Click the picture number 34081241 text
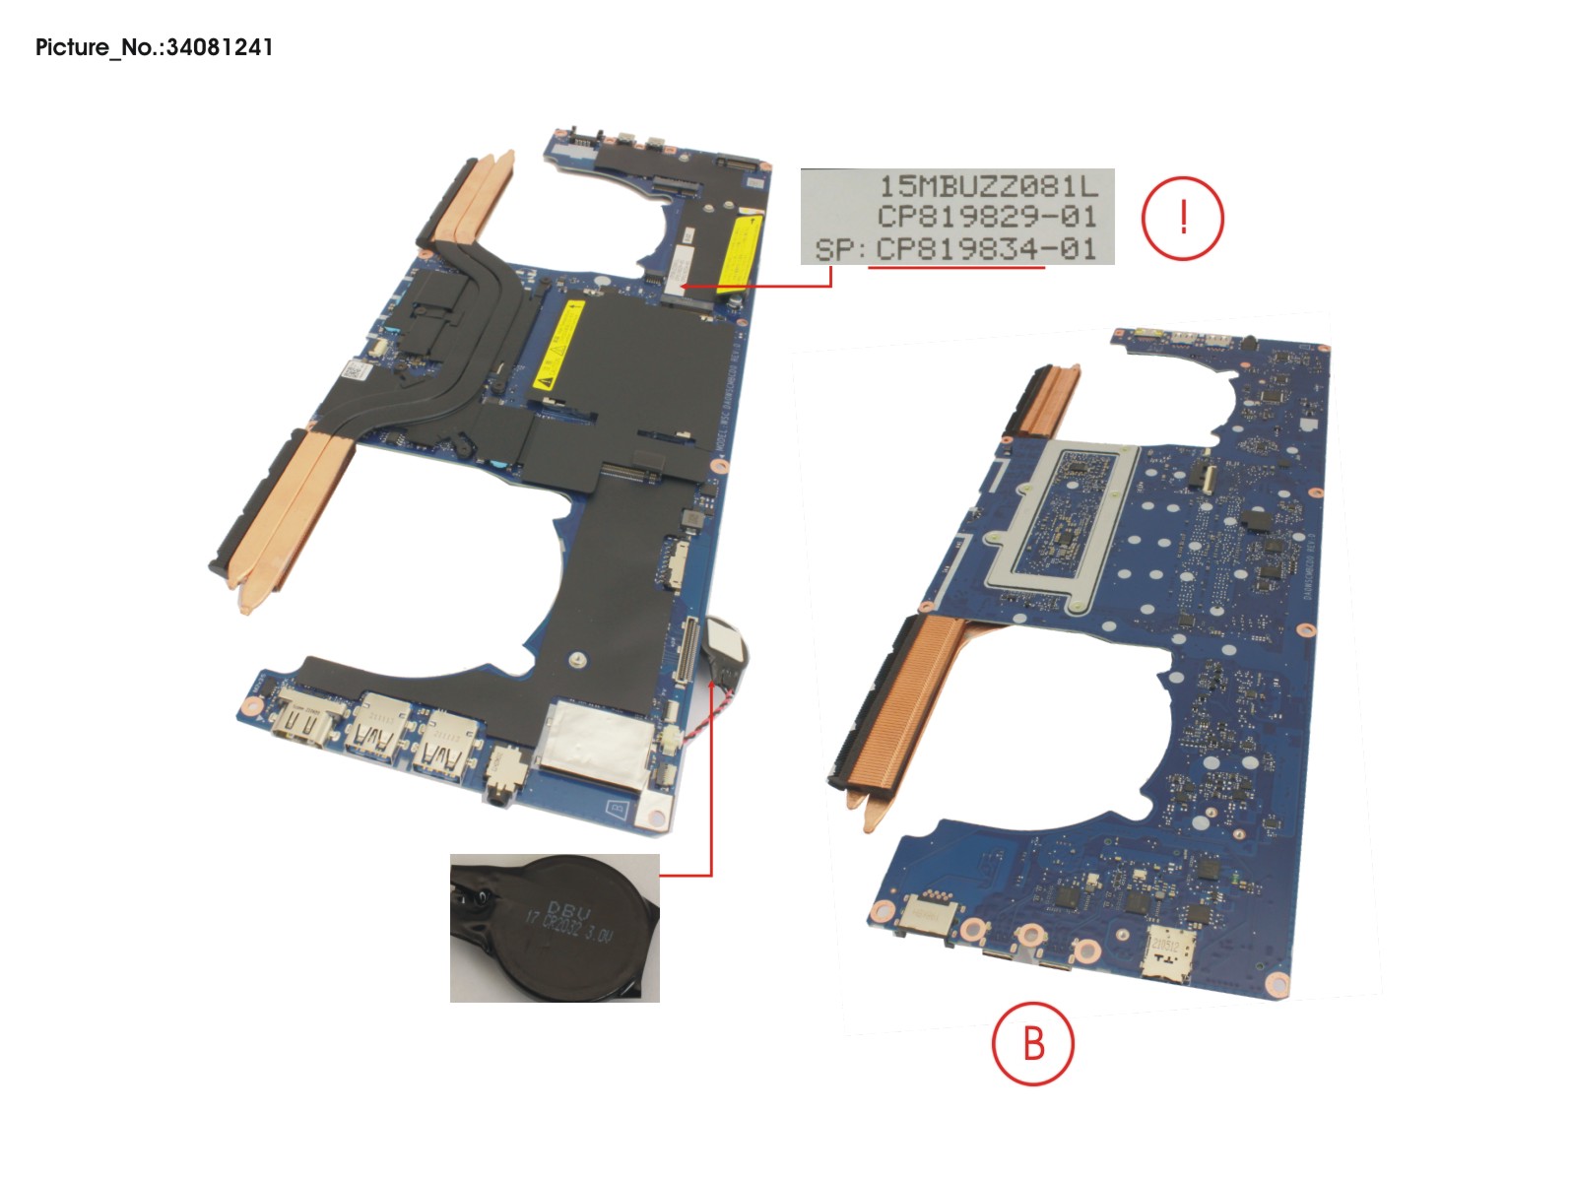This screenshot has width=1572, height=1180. point(155,47)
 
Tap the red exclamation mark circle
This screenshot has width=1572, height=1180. point(1182,218)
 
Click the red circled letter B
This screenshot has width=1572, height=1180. point(1032,1043)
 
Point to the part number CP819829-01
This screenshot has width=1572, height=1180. point(986,217)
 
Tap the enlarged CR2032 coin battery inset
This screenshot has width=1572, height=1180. point(555,927)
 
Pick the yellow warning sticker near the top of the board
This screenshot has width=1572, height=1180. point(738,254)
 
